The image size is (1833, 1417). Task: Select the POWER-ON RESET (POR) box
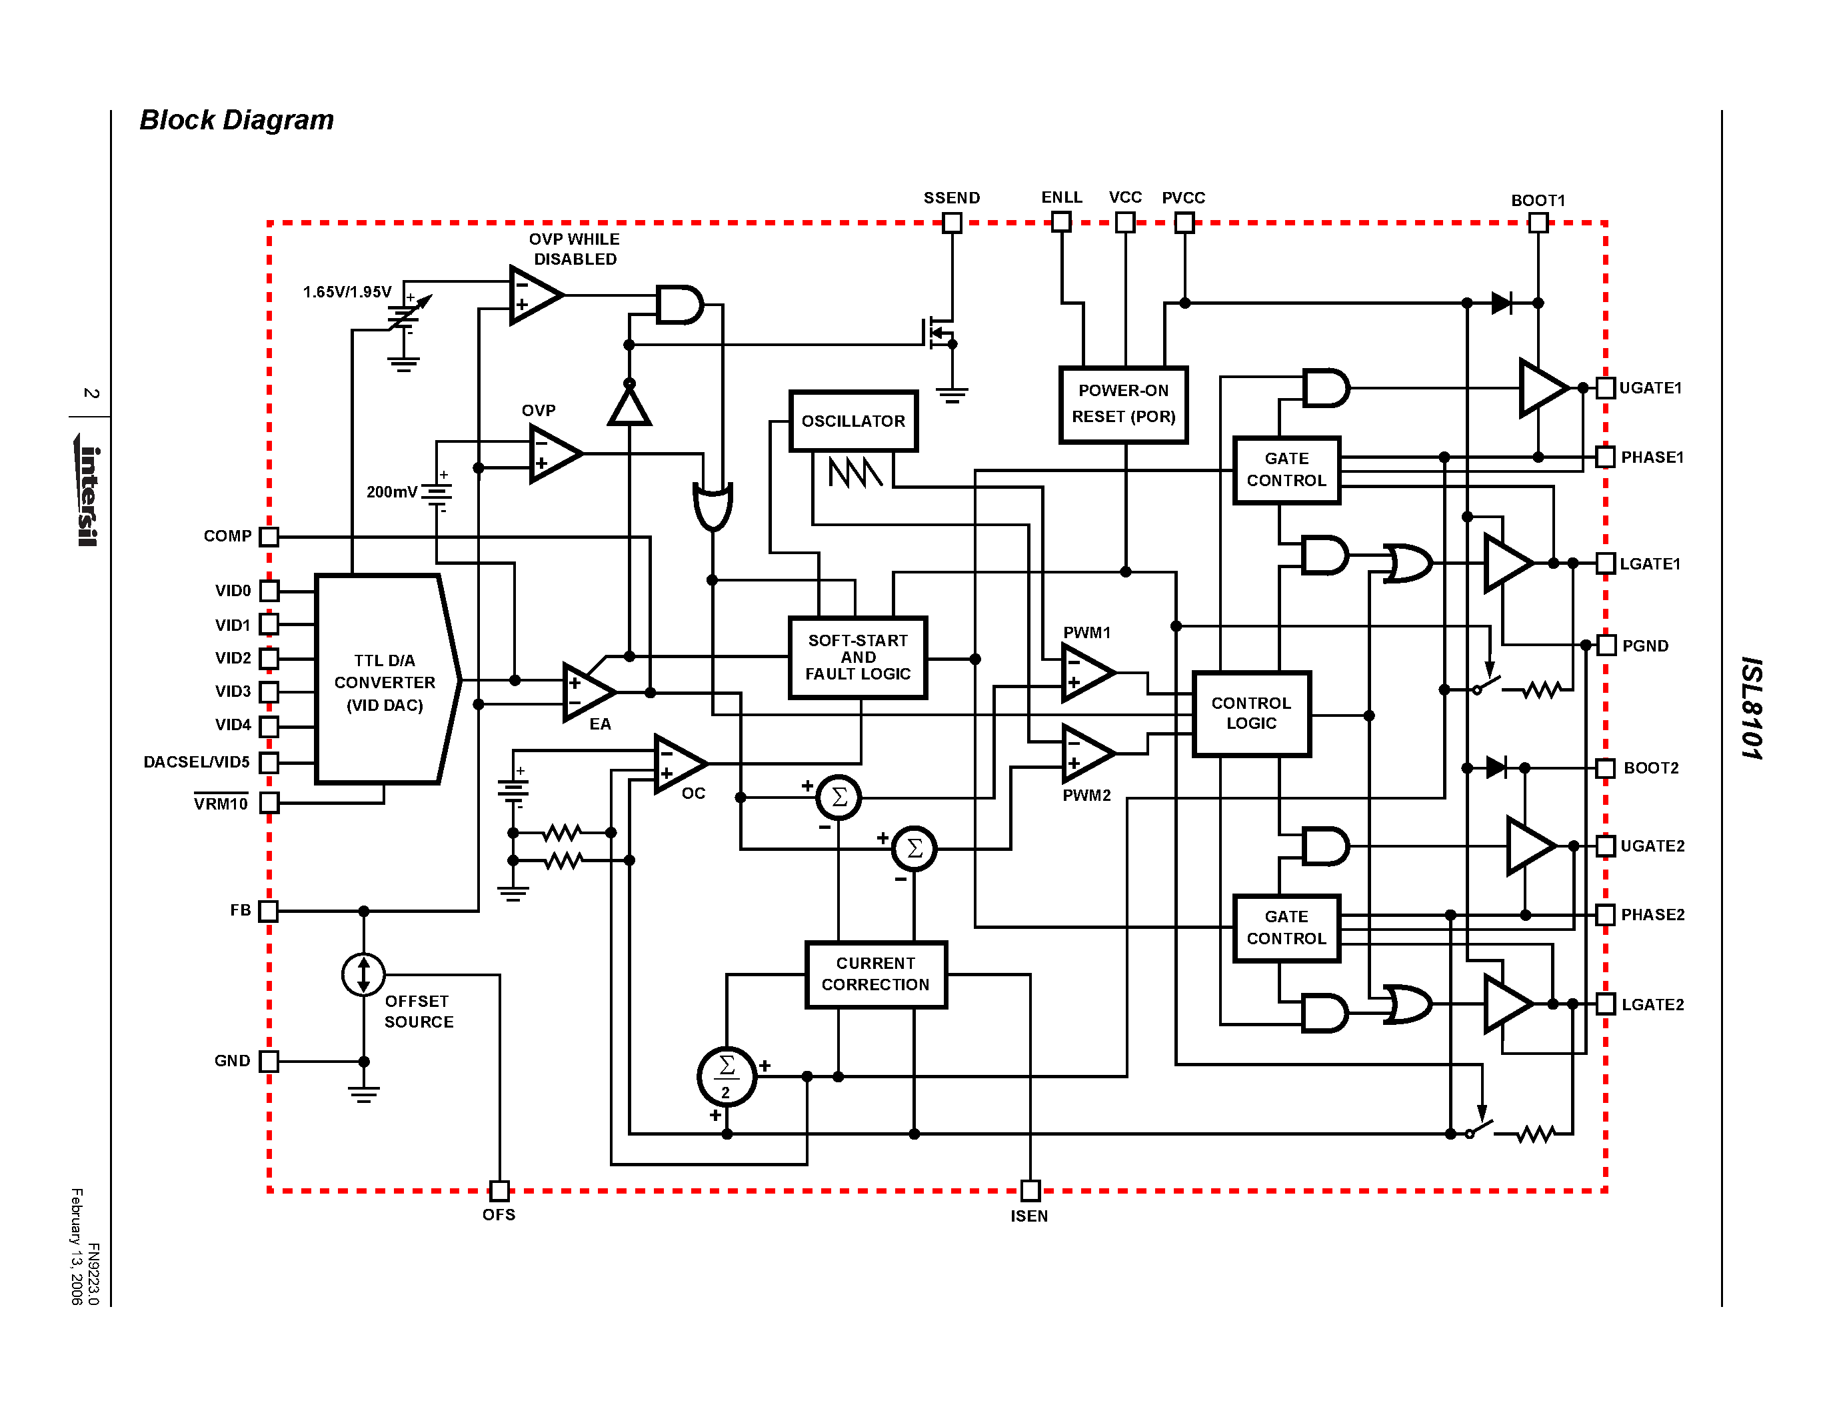[1123, 405]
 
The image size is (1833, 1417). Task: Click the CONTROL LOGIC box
[1250, 714]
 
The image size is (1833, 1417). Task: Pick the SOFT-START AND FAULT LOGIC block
[858, 657]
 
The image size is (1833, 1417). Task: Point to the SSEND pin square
[952, 223]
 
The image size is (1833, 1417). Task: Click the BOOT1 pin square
[1538, 223]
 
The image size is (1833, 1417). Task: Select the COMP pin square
[269, 536]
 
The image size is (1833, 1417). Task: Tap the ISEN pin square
[1030, 1190]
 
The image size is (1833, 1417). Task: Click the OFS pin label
[499, 1215]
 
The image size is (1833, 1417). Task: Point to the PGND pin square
[1606, 645]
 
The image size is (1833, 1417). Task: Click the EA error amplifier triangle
[586, 691]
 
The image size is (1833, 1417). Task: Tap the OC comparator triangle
[677, 763]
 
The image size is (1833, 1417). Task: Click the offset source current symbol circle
[363, 975]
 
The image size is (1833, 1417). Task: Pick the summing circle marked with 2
[727, 1076]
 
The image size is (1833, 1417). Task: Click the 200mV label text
[391, 492]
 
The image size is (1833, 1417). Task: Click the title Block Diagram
[237, 120]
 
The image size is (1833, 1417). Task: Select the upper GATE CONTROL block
[1286, 470]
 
